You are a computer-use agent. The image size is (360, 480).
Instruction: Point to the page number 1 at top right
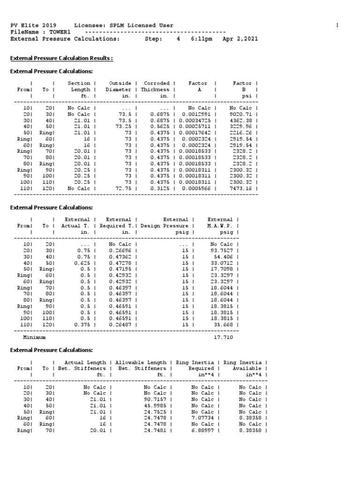point(337,25)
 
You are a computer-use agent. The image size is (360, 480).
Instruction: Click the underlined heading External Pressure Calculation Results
point(61,59)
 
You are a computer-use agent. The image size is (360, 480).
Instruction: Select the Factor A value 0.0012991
point(201,114)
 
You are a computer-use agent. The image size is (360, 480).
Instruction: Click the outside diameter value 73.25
point(123,126)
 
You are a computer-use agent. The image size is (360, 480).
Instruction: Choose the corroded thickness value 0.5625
point(160,126)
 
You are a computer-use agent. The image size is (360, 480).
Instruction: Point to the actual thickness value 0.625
point(85,262)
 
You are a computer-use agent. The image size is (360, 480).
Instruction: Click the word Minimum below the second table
point(34,337)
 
